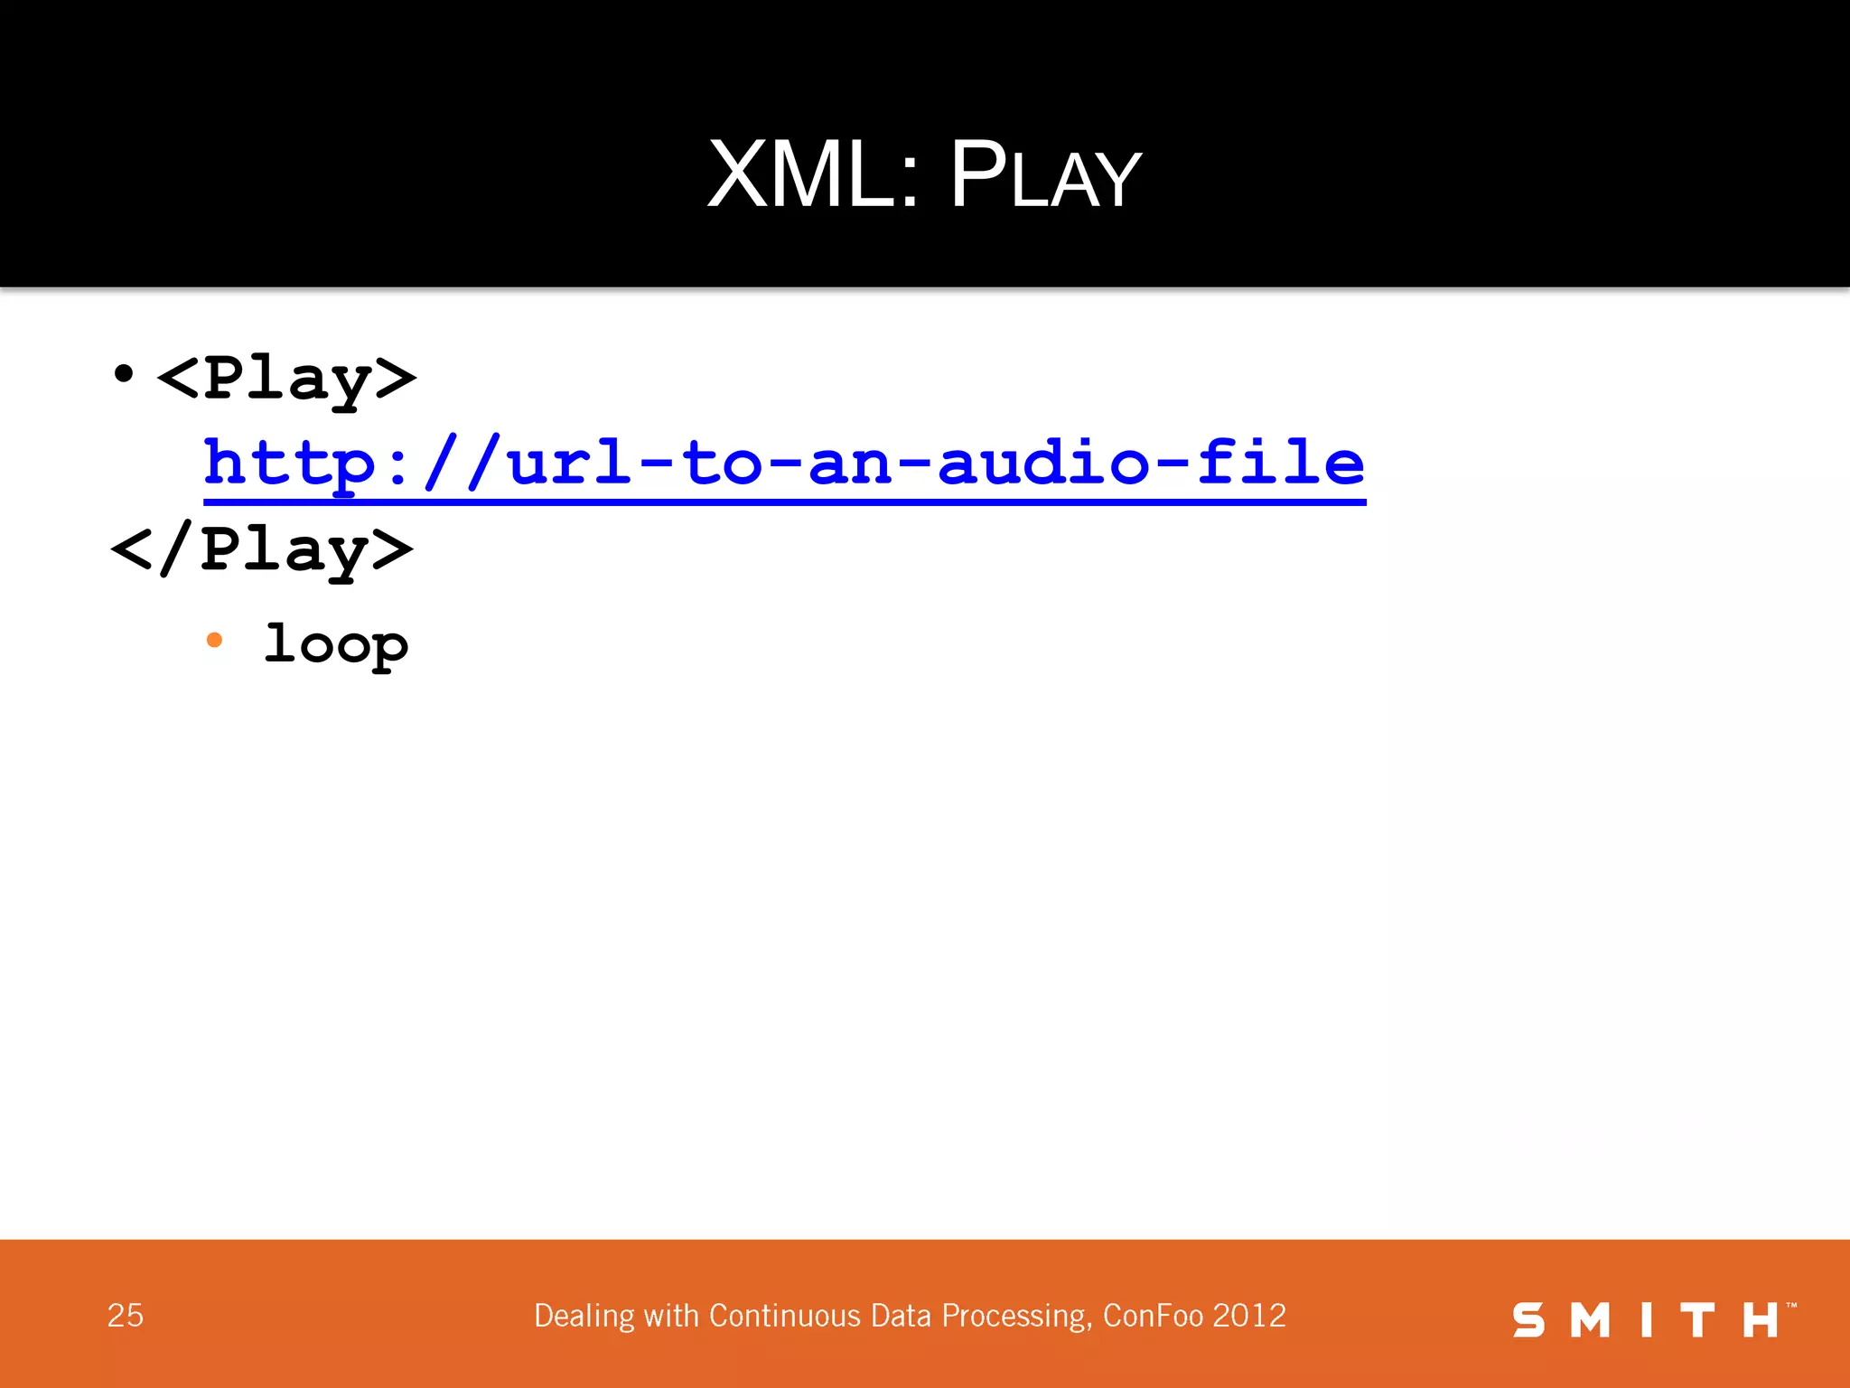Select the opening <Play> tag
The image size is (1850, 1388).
[286, 378]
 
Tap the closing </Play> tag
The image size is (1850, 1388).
[262, 549]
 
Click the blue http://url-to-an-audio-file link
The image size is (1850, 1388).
[784, 463]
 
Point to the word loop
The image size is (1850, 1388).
[335, 644]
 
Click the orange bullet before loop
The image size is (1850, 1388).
[214, 641]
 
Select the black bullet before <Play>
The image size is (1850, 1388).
[124, 373]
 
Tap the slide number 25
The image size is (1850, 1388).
[126, 1316]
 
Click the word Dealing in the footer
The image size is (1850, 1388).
[584, 1317]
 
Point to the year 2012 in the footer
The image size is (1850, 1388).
[1249, 1316]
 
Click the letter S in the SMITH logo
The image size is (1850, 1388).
[1528, 1320]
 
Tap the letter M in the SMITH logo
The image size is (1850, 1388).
[1590, 1320]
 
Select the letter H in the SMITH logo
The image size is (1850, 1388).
[1760, 1320]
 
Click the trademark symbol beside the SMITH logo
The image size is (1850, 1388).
[1791, 1305]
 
